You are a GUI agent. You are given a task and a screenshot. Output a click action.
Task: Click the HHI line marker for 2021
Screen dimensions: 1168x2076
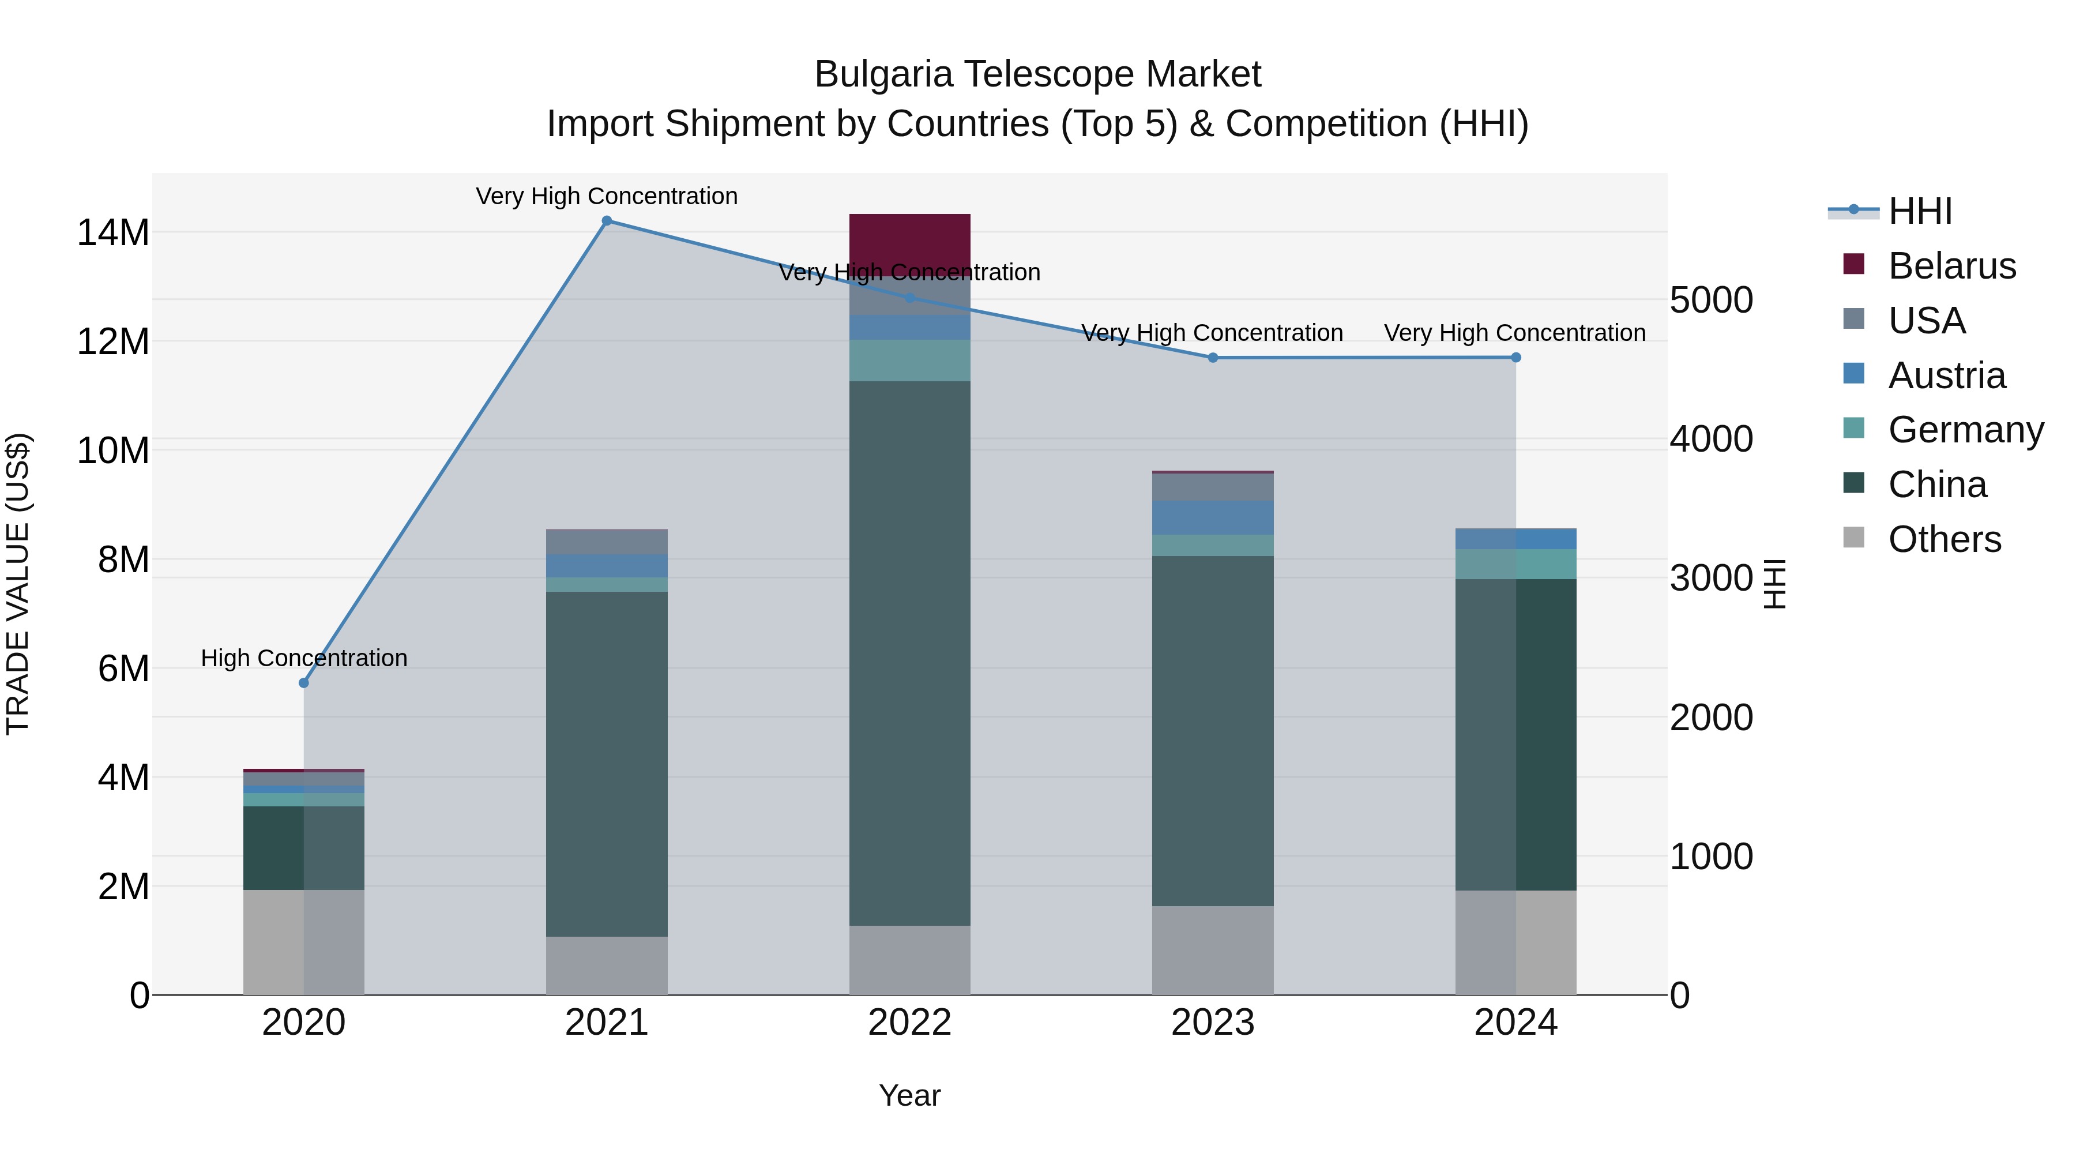point(607,221)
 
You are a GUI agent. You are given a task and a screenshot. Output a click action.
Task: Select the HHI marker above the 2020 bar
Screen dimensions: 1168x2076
point(304,683)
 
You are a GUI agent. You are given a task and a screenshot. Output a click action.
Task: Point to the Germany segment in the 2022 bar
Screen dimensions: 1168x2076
point(910,360)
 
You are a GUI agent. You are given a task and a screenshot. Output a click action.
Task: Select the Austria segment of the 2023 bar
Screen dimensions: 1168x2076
point(1213,517)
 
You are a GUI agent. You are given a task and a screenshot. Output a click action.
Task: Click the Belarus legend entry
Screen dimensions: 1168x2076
point(1951,266)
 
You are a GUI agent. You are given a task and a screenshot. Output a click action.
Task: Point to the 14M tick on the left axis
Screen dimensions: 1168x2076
point(113,233)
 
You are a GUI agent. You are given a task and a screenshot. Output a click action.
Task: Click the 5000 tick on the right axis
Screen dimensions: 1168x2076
point(1711,300)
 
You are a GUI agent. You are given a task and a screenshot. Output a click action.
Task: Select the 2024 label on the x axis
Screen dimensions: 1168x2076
point(1515,1023)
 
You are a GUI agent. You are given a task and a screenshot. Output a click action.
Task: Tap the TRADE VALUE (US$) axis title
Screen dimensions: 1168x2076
point(18,584)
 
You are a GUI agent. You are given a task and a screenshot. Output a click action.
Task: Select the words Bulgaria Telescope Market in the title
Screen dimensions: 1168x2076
point(1037,74)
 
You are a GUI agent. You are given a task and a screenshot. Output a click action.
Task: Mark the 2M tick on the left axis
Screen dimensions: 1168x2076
point(123,887)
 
